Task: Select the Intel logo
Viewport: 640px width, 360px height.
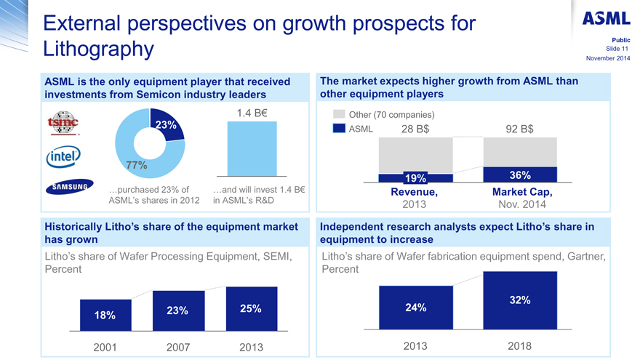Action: pyautogui.click(x=64, y=156)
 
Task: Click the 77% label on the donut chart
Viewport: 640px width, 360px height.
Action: pyautogui.click(x=136, y=165)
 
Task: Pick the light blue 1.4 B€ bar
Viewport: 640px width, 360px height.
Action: pyautogui.click(x=252, y=149)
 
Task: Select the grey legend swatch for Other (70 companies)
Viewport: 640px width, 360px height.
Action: pyautogui.click(x=339, y=115)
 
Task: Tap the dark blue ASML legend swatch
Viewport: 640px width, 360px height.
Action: pyautogui.click(x=339, y=129)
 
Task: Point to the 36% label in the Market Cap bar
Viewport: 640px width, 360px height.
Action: pyautogui.click(x=519, y=175)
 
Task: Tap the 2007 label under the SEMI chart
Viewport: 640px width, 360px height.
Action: pyautogui.click(x=178, y=347)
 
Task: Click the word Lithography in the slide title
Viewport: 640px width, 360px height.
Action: pyautogui.click(x=99, y=49)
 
